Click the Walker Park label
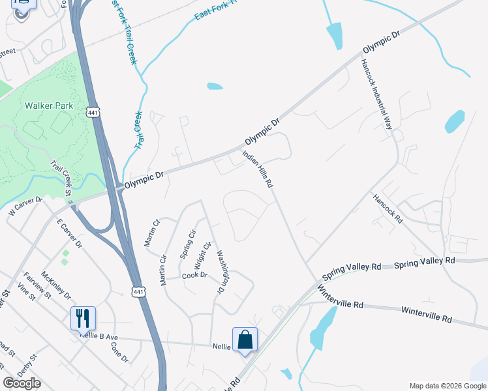pos(49,106)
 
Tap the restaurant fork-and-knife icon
pos(83,318)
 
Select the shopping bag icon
pos(245,340)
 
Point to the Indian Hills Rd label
pos(257,170)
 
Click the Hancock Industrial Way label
pos(378,94)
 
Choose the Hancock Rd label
pos(388,209)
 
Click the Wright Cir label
pos(204,255)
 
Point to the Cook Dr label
pos(194,276)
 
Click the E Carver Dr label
pos(69,234)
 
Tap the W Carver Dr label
pos(25,208)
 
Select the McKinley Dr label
pos(55,284)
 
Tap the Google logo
pos(22,383)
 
